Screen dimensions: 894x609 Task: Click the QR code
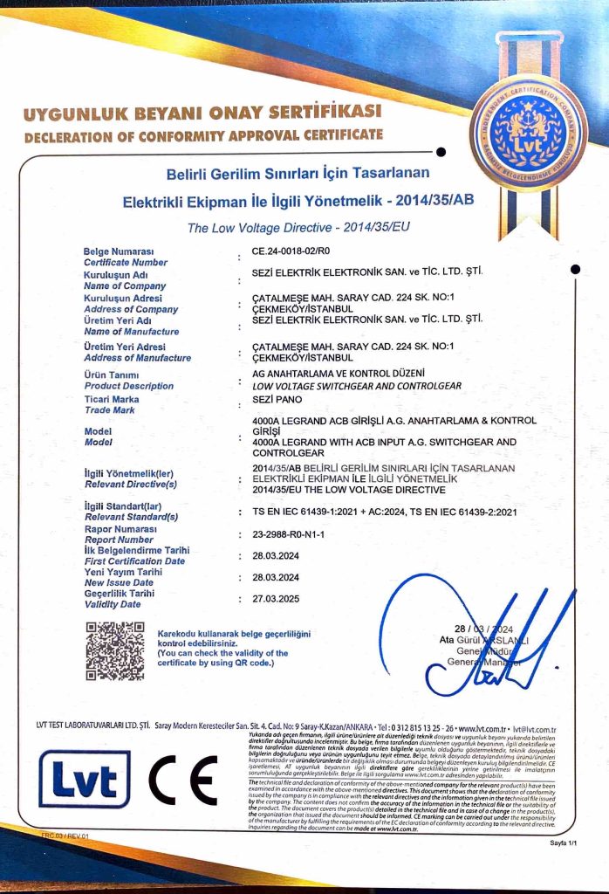114,650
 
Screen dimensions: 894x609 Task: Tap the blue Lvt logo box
85,779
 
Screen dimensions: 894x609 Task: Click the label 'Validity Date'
113,604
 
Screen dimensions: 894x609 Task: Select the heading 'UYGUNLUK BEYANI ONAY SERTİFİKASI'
202,113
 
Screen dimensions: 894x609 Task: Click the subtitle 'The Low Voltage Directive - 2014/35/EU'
298,228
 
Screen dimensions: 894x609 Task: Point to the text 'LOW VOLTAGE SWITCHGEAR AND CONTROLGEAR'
356,386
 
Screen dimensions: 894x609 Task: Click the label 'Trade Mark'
110,409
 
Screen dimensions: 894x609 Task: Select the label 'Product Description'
128,386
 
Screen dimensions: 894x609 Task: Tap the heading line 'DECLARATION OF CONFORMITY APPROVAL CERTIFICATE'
203,135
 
